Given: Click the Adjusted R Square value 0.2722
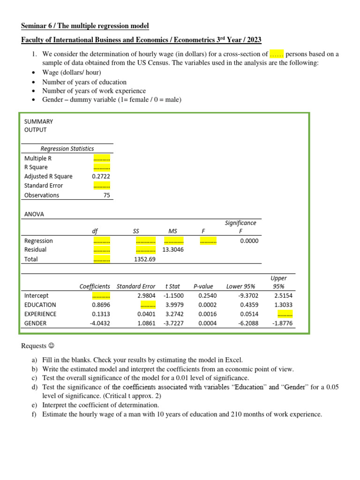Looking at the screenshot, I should click(x=101, y=176).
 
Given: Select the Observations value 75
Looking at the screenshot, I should click(x=106, y=195).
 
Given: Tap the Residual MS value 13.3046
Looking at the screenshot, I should click(x=173, y=249).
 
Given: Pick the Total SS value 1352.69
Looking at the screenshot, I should click(x=145, y=259).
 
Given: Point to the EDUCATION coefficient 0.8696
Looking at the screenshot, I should click(x=101, y=305).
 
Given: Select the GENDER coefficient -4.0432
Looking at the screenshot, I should click(x=100, y=323).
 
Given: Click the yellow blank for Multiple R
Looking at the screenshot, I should click(x=102, y=158).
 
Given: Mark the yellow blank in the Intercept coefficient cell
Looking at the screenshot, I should click(x=101, y=296).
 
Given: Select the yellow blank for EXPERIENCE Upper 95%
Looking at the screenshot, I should click(x=285, y=314).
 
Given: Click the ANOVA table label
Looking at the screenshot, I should click(x=34, y=214).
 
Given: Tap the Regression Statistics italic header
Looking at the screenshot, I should click(x=67, y=149).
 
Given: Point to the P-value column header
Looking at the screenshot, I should click(x=203, y=286).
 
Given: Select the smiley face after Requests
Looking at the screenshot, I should click(x=52, y=346).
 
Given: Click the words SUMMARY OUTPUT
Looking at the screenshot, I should click(x=38, y=125).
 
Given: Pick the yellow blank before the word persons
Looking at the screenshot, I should click(x=277, y=54).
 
